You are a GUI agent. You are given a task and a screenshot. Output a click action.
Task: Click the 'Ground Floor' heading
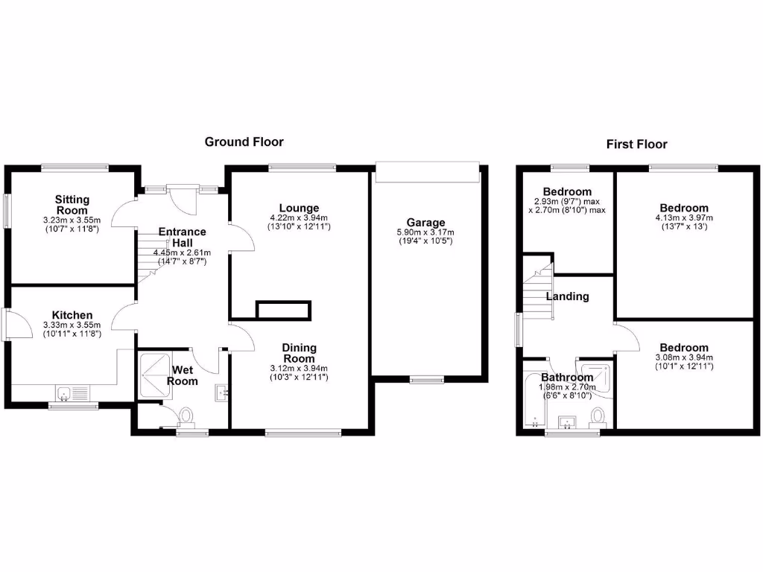tap(244, 142)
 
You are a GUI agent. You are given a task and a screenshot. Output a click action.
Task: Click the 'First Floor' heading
tap(636, 144)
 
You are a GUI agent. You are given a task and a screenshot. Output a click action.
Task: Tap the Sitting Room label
tap(72, 205)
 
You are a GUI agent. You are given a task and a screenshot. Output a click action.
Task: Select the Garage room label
tap(425, 222)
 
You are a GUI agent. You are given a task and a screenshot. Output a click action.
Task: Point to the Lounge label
tap(300, 208)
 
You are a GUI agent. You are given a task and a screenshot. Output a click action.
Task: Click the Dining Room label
tap(299, 353)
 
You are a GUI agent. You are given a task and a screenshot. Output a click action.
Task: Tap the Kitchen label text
tap(72, 315)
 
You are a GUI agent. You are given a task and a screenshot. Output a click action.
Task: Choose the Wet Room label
tap(185, 375)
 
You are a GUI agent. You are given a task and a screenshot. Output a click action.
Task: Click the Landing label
tap(568, 296)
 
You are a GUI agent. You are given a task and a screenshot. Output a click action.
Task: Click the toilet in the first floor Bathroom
tap(598, 415)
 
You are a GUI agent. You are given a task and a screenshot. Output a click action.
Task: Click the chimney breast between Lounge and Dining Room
tap(283, 310)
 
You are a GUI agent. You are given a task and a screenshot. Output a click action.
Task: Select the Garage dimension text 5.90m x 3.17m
tap(425, 232)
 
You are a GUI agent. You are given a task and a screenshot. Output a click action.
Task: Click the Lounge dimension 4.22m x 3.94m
tap(300, 217)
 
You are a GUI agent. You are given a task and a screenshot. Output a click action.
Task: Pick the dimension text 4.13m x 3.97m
tap(684, 217)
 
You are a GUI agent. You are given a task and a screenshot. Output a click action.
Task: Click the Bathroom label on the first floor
tap(568, 378)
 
